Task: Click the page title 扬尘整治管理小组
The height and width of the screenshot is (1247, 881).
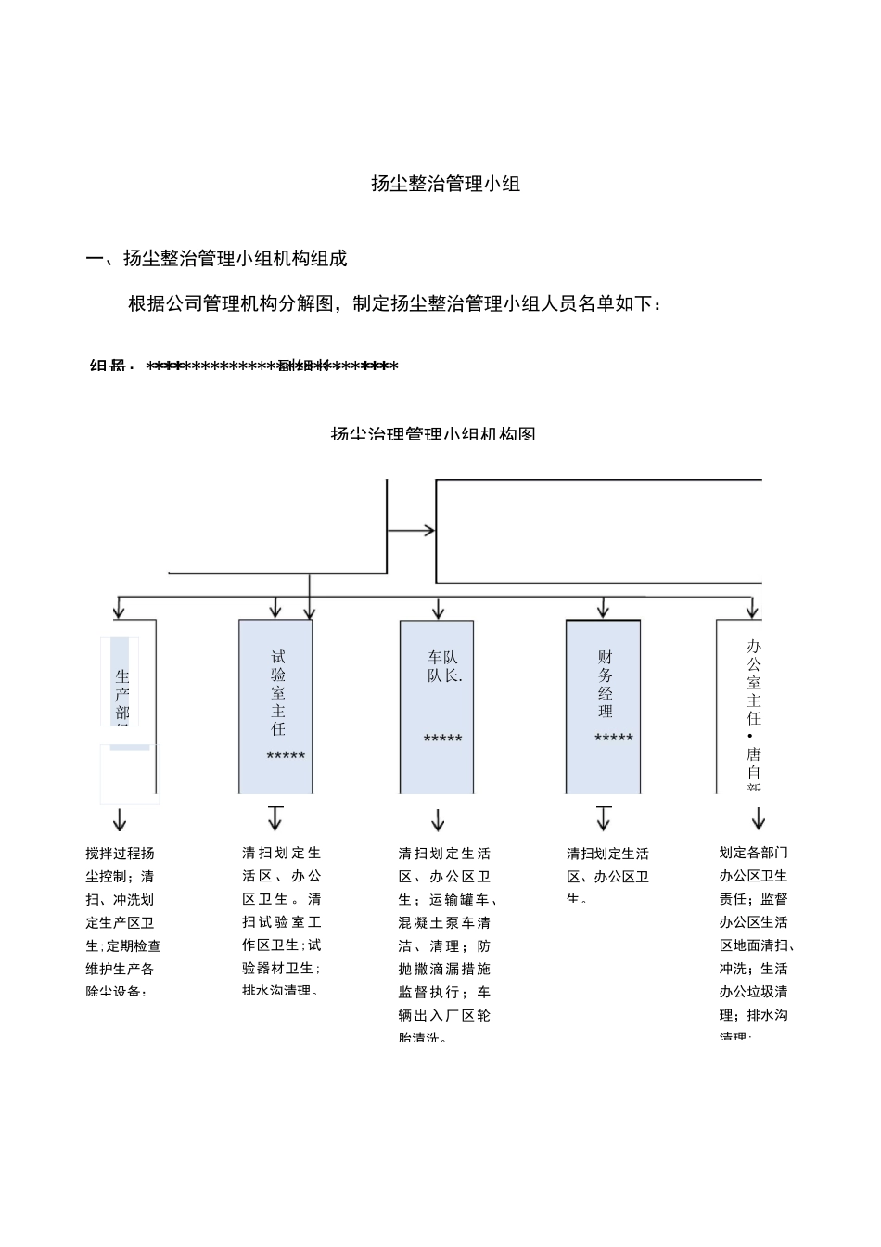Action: coord(445,184)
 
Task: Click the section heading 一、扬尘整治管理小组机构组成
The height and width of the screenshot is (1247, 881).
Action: coord(216,259)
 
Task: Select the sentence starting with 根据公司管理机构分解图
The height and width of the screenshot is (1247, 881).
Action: coord(395,303)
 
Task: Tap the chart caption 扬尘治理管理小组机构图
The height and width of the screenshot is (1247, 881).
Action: coord(433,433)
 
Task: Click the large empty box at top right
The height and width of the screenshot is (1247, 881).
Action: coord(598,531)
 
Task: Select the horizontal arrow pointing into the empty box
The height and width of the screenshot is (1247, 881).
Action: coord(411,531)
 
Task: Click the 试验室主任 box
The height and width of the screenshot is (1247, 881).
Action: coord(275,705)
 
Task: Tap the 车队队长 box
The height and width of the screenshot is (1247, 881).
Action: coord(437,705)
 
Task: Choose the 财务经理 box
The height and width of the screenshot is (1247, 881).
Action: coord(603,705)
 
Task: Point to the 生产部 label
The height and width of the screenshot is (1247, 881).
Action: coord(122,694)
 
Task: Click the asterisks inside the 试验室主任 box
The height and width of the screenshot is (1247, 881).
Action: coord(286,757)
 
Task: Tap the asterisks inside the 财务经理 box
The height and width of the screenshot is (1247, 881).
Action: coord(613,739)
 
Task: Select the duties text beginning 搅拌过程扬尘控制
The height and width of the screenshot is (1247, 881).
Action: coord(122,921)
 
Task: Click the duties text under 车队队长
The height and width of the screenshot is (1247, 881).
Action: coord(445,945)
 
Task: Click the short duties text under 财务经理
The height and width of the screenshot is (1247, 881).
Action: coord(607,876)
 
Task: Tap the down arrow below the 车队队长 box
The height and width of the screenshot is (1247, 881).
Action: coord(438,820)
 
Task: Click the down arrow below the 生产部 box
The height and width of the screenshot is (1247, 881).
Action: coord(119,819)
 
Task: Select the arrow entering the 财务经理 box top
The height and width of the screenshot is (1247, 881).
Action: coord(604,609)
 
